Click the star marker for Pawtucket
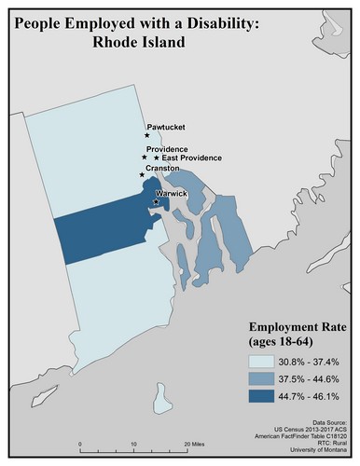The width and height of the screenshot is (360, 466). [x=147, y=135]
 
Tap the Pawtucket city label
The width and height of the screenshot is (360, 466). [x=166, y=127]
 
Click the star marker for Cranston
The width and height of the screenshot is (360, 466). [x=142, y=174]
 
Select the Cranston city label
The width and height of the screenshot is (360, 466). [x=162, y=169]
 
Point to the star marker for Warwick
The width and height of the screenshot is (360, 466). [x=155, y=201]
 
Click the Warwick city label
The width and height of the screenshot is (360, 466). [x=172, y=193]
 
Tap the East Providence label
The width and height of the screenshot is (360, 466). [x=192, y=158]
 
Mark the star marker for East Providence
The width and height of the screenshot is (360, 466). [x=157, y=158]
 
